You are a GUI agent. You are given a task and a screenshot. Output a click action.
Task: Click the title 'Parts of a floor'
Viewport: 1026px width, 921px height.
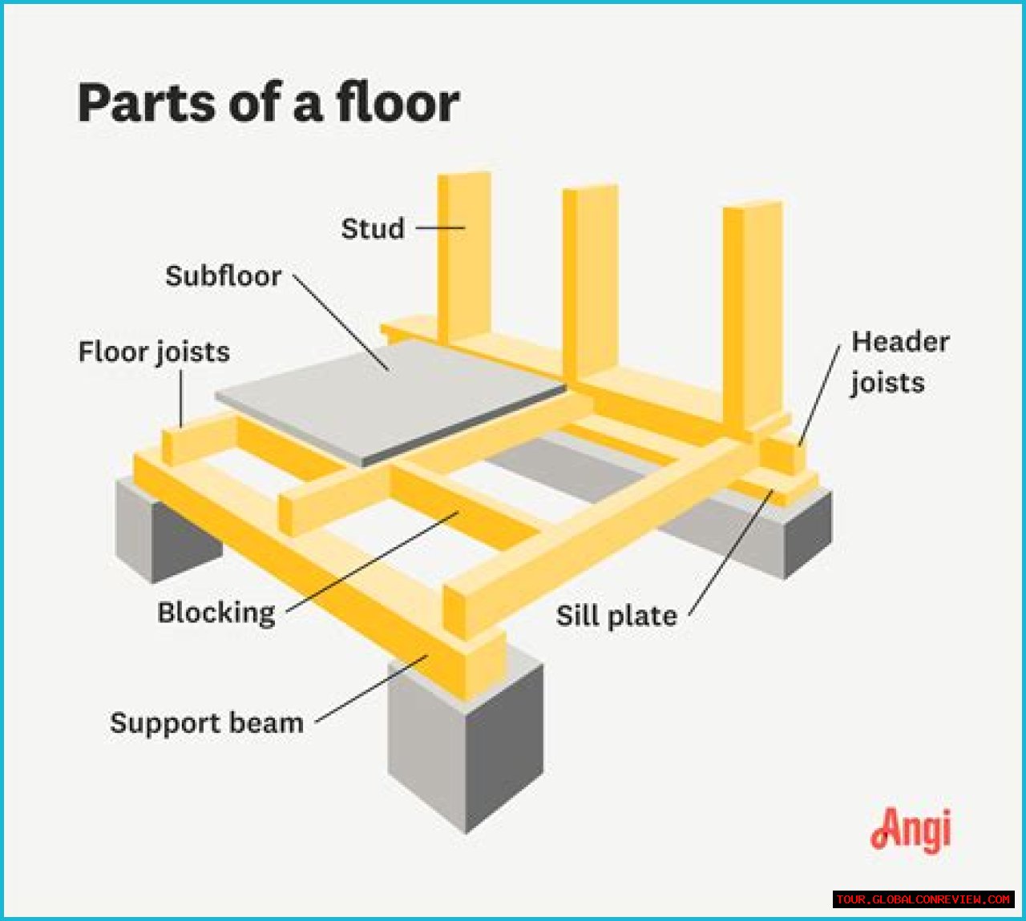pyautogui.click(x=268, y=103)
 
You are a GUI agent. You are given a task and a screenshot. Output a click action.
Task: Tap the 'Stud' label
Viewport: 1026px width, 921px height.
pyautogui.click(x=373, y=228)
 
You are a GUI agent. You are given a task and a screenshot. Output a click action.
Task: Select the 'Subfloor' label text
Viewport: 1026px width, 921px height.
pyautogui.click(x=223, y=276)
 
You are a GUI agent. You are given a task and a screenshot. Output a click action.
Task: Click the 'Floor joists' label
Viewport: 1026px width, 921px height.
pyautogui.click(x=154, y=352)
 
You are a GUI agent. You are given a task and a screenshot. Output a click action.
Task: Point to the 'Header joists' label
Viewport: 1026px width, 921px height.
pyautogui.click(x=899, y=362)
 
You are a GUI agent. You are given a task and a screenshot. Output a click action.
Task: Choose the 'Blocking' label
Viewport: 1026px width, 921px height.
pyautogui.click(x=216, y=613)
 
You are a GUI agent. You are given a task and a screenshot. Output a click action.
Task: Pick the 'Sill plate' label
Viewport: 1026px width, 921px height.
pyautogui.click(x=616, y=616)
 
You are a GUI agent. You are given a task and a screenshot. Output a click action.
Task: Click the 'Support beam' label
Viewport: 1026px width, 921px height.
pyautogui.click(x=207, y=722)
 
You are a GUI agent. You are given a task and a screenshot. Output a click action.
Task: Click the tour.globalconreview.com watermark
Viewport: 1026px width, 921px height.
pyautogui.click(x=923, y=899)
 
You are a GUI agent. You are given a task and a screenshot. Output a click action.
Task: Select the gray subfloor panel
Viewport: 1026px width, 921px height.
pyautogui.click(x=393, y=400)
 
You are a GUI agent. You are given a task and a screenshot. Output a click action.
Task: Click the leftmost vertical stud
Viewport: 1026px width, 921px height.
pyautogui.click(x=463, y=256)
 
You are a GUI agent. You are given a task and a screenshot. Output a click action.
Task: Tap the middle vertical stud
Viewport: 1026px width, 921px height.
pyautogui.click(x=592, y=280)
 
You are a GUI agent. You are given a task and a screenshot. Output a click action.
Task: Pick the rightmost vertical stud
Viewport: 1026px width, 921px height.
pyautogui.click(x=753, y=312)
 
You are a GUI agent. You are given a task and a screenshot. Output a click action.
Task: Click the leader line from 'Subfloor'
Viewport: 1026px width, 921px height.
pyautogui.click(x=341, y=321)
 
